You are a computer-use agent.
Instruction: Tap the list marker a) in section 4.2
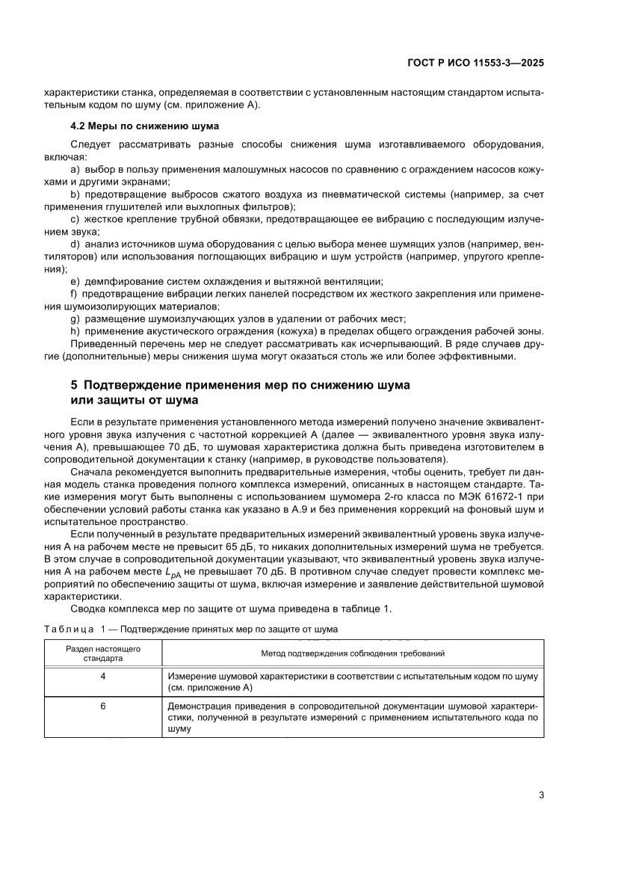point(75,170)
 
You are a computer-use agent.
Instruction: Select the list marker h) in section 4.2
point(75,331)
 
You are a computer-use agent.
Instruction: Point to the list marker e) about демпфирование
point(75,281)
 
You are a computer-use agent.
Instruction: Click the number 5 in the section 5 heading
point(73,386)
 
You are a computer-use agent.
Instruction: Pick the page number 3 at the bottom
point(540,795)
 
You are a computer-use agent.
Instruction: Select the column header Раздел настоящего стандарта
point(103,653)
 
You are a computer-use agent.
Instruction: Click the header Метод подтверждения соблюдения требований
point(352,653)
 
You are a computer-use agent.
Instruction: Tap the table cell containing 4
point(103,676)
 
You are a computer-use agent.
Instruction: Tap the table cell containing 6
point(103,706)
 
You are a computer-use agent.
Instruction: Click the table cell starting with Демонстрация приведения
point(352,716)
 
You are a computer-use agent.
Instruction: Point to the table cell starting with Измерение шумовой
point(352,681)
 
